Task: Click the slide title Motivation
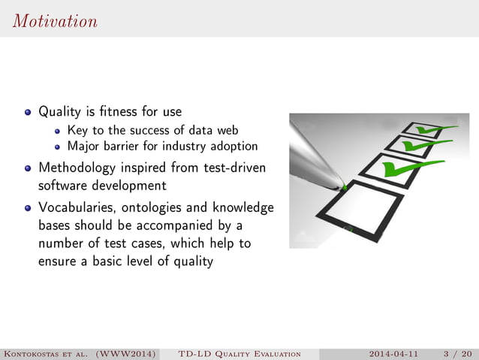coord(55,21)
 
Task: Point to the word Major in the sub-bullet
coord(83,146)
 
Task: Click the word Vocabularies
coord(77,207)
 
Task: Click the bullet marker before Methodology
coord(28,168)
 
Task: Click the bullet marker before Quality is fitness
coord(28,113)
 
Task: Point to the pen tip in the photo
coord(342,185)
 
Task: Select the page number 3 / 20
coord(457,353)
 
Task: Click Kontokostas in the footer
coord(38,353)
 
